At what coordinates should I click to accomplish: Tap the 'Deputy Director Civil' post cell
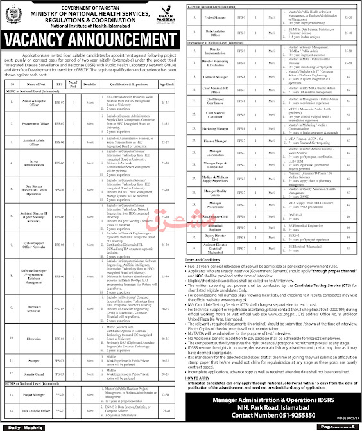tap(220, 271)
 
